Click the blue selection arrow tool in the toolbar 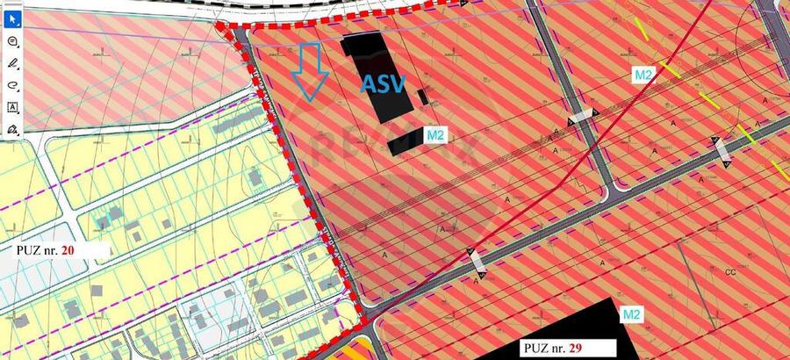tap(13, 19)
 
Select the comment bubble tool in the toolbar tap(13, 41)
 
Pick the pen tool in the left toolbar tap(13, 63)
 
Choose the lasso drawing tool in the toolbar tap(13, 85)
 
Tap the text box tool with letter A tap(13, 107)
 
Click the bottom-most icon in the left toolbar tap(13, 129)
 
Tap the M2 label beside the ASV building tap(436, 135)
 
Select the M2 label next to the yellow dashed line tap(643, 76)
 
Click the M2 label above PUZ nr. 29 tap(629, 313)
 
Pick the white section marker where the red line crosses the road tap(477, 261)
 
